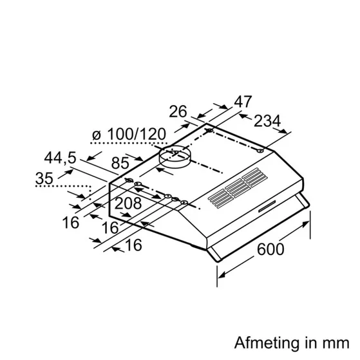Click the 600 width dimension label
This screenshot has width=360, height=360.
[x=270, y=249]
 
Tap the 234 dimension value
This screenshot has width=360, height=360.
[x=267, y=121]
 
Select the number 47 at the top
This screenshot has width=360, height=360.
[x=243, y=102]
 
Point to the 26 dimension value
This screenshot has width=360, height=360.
[x=178, y=111]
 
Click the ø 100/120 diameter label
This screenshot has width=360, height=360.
[x=129, y=135]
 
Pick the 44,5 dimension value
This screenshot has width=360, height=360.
[x=60, y=158]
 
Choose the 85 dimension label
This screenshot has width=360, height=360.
[x=120, y=163]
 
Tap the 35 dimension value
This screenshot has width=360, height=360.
[x=44, y=178]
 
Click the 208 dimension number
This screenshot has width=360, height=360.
[x=128, y=204]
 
